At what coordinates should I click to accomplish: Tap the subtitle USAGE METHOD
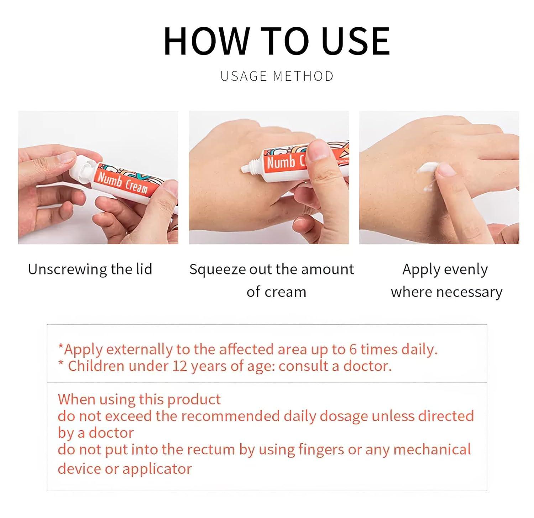click(x=277, y=76)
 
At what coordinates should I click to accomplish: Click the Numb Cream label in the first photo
click(x=123, y=183)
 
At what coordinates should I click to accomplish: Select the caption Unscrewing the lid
click(x=90, y=269)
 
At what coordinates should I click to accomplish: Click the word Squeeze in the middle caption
click(x=217, y=270)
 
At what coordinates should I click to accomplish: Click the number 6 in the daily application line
click(x=352, y=349)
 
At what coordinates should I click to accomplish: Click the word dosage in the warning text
click(x=344, y=416)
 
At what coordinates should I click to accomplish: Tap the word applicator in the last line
click(x=157, y=469)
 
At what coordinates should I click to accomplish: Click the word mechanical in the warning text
click(x=432, y=450)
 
